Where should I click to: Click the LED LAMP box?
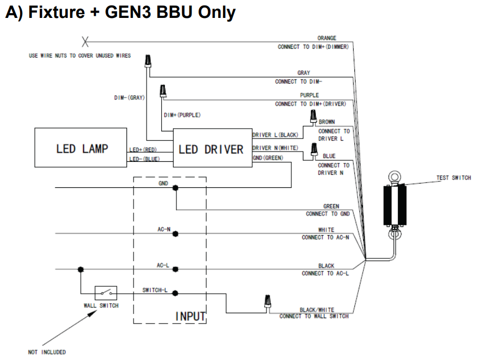81,148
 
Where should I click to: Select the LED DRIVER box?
212,148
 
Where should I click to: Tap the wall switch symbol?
106,293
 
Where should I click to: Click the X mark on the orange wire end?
85,41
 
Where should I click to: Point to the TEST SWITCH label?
453,178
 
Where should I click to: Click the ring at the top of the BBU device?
395,178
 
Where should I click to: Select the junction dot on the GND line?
175,188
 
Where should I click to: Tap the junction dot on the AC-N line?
175,233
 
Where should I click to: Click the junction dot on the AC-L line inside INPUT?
175,269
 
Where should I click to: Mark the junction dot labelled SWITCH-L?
175,293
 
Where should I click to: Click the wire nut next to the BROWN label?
313,117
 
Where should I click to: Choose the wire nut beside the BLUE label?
313,150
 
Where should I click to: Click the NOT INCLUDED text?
47,352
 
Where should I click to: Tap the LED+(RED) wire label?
143,149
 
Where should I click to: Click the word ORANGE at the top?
327,38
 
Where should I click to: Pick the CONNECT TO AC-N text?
326,237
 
